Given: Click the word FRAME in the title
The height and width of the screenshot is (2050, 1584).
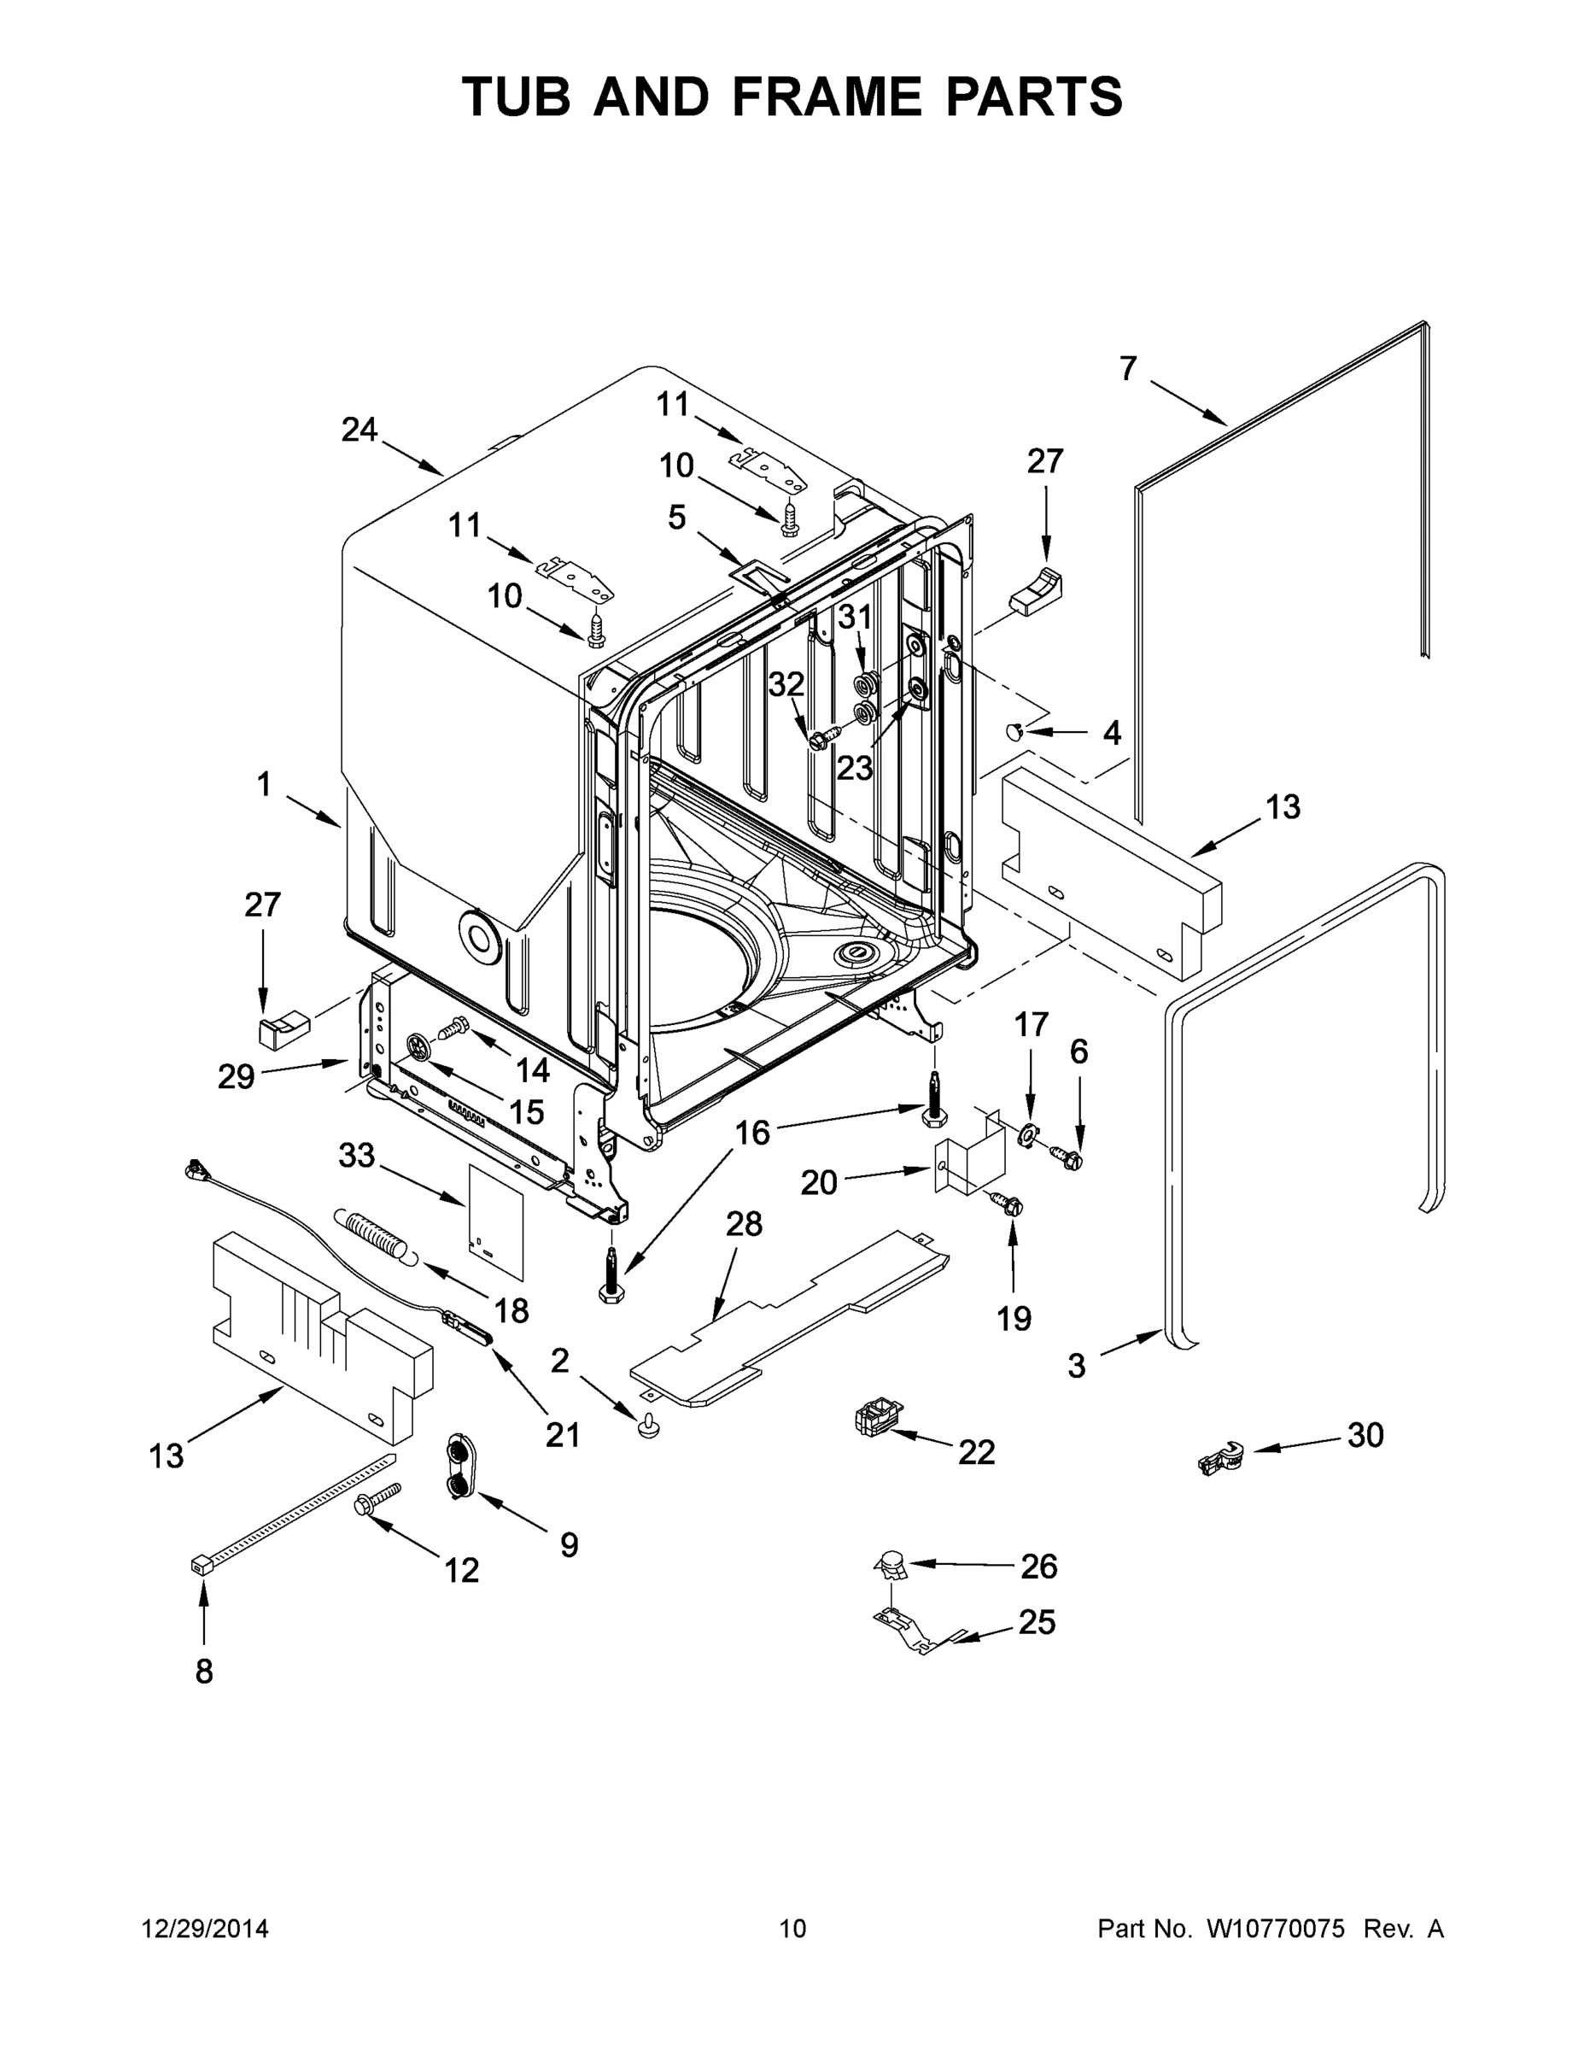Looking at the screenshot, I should pos(814,97).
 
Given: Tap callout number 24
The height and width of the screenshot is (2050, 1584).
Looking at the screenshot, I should pos(359,430).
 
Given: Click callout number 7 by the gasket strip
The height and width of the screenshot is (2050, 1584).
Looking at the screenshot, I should pos(1128,369).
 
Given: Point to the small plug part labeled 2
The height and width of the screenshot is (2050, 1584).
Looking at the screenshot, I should pos(646,1427).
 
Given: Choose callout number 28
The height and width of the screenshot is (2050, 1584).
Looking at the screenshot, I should pos(744,1224).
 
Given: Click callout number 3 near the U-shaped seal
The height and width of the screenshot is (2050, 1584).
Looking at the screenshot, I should pos(1076,1366).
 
